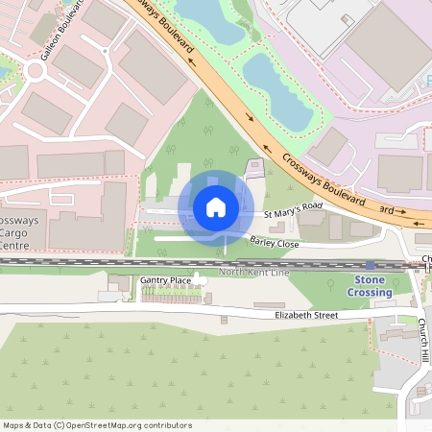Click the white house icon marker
pos(216,206)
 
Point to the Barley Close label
pos(276,242)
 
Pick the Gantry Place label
pos(166,279)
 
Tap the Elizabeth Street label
pos(306,315)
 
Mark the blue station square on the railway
pos(371,265)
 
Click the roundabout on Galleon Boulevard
pos(39,70)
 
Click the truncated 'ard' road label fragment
pos(387,208)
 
